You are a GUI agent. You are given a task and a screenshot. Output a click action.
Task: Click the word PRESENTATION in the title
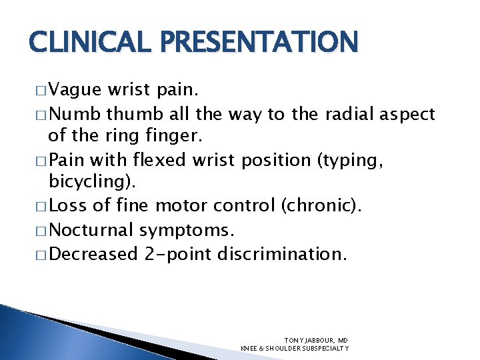[x=253, y=43]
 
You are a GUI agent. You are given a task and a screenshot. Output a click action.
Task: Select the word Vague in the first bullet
[x=75, y=91]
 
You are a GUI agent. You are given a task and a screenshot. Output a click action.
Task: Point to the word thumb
[x=133, y=115]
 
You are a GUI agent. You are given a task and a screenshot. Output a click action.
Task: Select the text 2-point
[x=177, y=254]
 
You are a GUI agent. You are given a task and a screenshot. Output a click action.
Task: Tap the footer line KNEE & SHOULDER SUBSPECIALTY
[x=295, y=348]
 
